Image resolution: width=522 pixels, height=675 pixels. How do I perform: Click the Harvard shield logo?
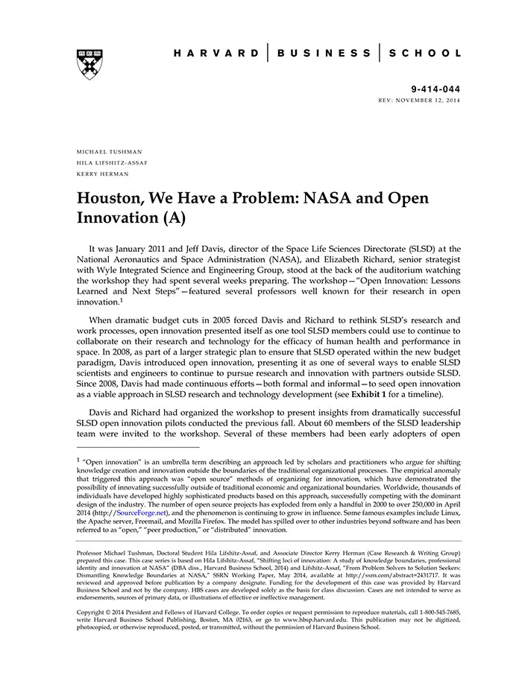point(89,64)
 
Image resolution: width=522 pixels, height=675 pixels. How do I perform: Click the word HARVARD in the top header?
point(216,53)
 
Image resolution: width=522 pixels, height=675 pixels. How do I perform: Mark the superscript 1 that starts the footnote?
point(78,460)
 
